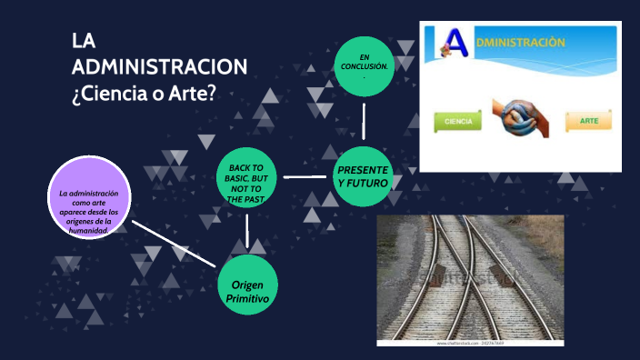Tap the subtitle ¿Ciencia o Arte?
pos(144,93)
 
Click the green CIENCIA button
pos(458,120)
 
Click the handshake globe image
pos(521,120)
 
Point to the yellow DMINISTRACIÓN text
pos(521,43)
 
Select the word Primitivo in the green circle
pos(247,298)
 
